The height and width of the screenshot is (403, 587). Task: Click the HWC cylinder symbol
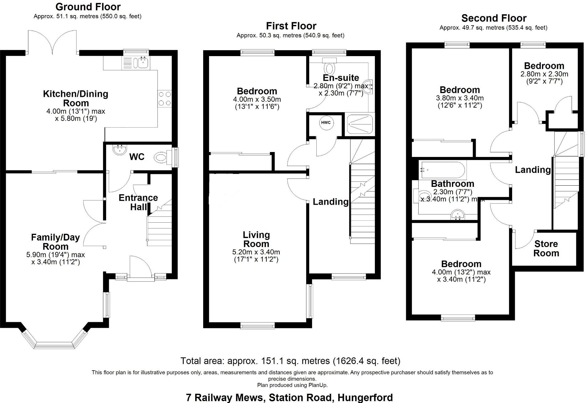(x=326, y=123)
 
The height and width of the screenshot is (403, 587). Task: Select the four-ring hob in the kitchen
(x=165, y=99)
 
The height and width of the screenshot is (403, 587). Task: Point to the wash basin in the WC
(x=119, y=150)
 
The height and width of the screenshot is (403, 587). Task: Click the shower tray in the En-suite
(x=359, y=125)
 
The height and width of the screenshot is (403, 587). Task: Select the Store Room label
(x=546, y=249)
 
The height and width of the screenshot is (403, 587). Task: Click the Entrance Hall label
(x=138, y=202)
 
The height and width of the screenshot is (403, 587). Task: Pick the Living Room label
(x=256, y=239)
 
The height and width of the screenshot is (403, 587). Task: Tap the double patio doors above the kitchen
(x=52, y=42)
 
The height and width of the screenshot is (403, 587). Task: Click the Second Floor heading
(x=494, y=18)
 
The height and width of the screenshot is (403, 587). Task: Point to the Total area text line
(x=290, y=361)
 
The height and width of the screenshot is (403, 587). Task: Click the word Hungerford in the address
(x=365, y=397)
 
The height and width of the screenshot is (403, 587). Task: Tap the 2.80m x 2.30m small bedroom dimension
(x=544, y=74)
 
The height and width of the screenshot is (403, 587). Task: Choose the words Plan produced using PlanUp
(x=292, y=385)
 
